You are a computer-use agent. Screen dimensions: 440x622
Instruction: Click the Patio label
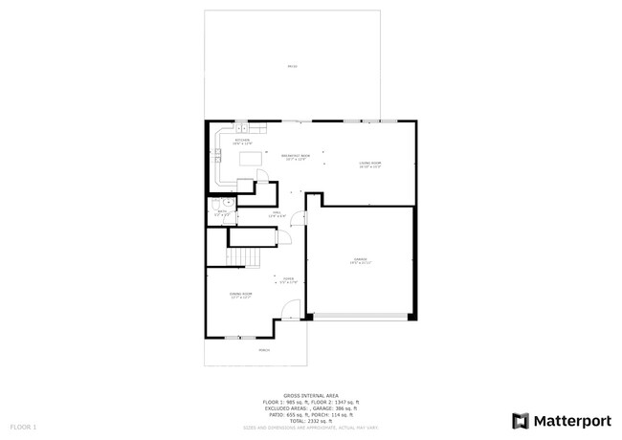[292, 66]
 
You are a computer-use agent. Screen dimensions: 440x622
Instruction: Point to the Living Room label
[370, 165]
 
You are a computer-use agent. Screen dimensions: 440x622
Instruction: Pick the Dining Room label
[240, 296]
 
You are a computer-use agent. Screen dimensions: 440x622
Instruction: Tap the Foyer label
[287, 280]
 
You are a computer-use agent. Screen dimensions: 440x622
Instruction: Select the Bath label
[221, 213]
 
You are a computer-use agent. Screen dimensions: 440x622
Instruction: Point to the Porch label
[264, 350]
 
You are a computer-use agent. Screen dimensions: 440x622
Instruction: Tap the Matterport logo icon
[521, 420]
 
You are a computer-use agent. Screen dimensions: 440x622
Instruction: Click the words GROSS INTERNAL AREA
[311, 394]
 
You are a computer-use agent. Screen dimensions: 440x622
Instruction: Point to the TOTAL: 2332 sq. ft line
[311, 420]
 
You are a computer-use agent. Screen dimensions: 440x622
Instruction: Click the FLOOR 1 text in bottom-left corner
[23, 426]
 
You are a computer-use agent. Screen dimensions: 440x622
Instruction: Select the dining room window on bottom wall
[240, 338]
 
